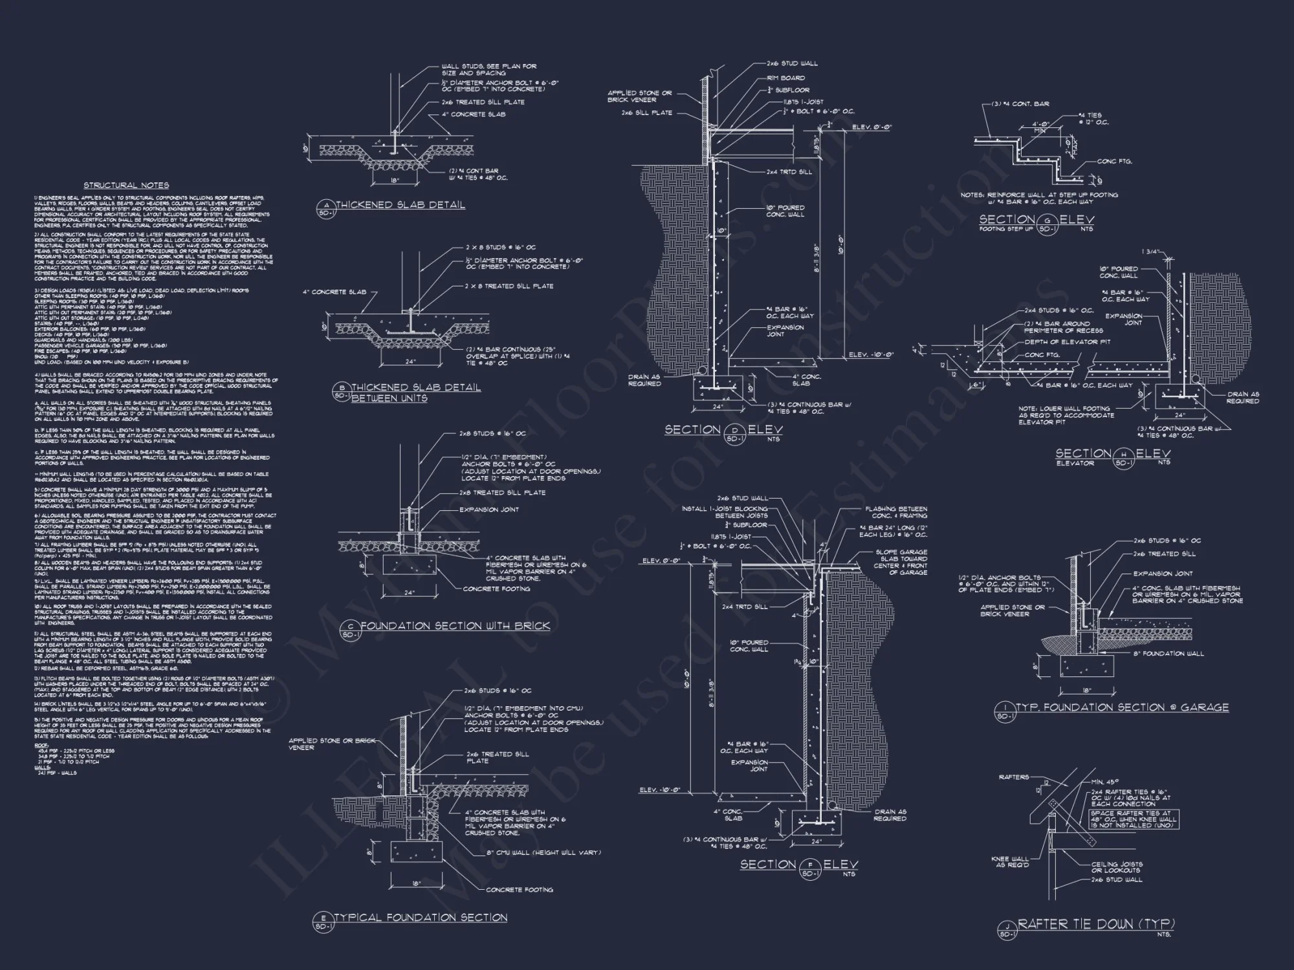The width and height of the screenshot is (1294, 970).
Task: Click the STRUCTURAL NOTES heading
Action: (126, 186)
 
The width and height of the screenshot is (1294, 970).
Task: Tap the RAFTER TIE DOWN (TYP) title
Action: (1095, 924)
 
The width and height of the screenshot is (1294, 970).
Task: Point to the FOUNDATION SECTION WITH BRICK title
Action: (455, 626)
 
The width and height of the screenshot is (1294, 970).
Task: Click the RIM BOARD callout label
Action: (785, 78)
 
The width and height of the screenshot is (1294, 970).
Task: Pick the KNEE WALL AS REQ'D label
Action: (1009, 862)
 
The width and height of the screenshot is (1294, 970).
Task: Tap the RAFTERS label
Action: (1014, 777)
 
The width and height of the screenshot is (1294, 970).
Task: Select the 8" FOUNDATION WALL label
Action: (1168, 654)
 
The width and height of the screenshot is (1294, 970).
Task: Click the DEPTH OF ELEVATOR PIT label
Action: (1067, 342)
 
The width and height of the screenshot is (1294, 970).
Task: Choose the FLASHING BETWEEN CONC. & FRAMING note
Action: (896, 512)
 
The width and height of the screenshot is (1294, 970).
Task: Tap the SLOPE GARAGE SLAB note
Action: (901, 562)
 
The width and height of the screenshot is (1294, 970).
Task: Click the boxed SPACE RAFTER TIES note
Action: (1134, 819)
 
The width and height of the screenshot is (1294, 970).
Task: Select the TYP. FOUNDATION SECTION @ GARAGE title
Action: (1122, 707)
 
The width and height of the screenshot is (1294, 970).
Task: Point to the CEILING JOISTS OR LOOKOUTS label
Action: (1116, 867)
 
